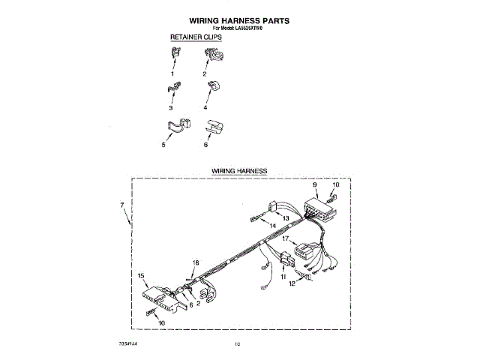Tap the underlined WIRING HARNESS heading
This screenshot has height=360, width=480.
tap(239, 171)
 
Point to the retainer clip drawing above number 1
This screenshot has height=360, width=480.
tap(175, 53)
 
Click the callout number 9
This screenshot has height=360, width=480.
tap(315, 184)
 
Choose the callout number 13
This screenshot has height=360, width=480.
tap(285, 218)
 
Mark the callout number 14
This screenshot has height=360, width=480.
tap(272, 225)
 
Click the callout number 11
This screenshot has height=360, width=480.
tap(283, 277)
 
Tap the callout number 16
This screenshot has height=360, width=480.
tap(196, 263)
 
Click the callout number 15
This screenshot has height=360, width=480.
tap(140, 276)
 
